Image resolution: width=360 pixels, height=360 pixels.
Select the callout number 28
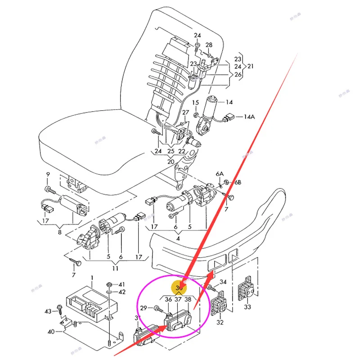(x=209, y=45)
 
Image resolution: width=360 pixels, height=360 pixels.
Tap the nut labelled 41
(x=109, y=285)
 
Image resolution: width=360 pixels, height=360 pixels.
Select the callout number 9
(x=48, y=175)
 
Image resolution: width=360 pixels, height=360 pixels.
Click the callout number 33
(x=247, y=307)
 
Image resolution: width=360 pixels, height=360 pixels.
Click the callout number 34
(x=223, y=282)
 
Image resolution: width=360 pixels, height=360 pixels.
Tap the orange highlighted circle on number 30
(x=180, y=287)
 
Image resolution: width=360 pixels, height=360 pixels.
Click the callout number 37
(x=178, y=299)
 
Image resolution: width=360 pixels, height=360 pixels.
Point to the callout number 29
(x=144, y=307)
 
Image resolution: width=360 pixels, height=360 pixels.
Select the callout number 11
(x=115, y=268)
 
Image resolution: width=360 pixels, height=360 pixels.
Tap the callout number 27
(x=185, y=112)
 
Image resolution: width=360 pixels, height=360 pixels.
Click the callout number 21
(x=251, y=66)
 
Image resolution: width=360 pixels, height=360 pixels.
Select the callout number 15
(x=195, y=103)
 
